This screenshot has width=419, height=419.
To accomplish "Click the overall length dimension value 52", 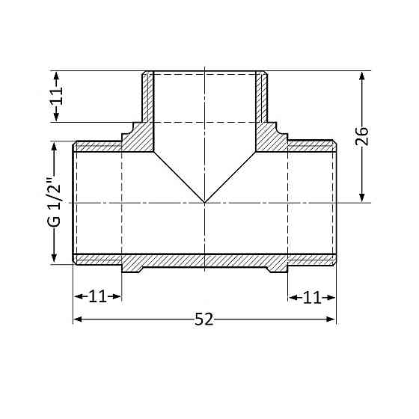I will (x=204, y=319).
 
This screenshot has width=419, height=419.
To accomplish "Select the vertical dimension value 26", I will (x=362, y=136).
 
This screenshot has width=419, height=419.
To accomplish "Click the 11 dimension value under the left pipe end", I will (x=97, y=297).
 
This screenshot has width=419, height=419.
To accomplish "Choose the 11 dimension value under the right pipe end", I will (x=312, y=297).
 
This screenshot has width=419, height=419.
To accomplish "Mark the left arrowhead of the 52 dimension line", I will (x=77, y=319).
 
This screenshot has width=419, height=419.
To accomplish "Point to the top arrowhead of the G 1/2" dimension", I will (x=55, y=147).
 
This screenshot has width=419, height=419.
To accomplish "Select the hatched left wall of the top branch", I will (x=147, y=97).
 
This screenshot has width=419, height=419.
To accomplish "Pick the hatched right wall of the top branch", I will (x=262, y=97).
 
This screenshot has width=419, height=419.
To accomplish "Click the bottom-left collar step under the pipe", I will (x=131, y=265).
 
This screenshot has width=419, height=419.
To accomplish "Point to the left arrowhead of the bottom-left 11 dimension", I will (x=77, y=297).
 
